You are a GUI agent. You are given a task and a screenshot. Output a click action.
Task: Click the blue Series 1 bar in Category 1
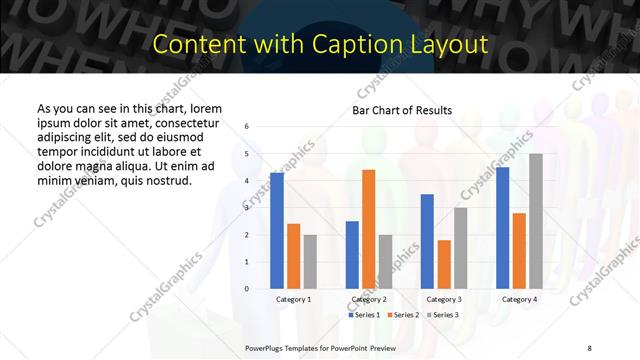coord(277,231)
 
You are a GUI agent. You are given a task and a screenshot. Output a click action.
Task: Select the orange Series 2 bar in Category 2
coord(369,229)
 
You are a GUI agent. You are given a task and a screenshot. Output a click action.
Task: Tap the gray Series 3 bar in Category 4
coord(536,221)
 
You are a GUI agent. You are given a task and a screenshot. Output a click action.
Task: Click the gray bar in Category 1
coord(310,262)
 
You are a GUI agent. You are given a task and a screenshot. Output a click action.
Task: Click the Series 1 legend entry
coord(364,315)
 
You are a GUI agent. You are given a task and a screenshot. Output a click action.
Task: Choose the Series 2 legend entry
coord(404,315)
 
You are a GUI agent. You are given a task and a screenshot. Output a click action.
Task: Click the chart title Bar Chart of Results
coord(402,110)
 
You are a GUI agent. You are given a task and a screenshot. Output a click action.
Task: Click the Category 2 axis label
coord(369,299)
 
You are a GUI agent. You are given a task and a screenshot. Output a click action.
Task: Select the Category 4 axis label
coord(519,299)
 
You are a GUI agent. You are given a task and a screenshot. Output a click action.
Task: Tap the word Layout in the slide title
coord(454,45)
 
